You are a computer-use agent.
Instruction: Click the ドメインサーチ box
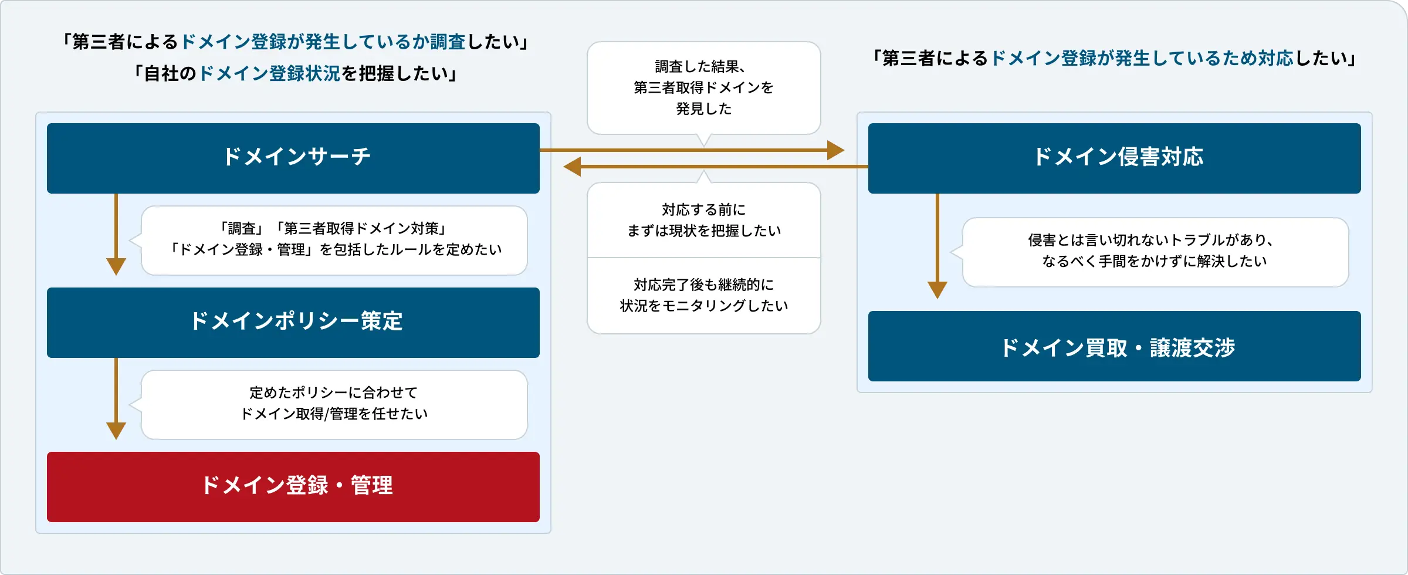pos(293,158)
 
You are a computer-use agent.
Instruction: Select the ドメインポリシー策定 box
pos(293,322)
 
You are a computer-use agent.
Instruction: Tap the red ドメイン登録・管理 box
pos(293,486)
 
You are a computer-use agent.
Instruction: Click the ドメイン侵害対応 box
pos(1114,158)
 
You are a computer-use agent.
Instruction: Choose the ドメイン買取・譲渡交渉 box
pos(1114,347)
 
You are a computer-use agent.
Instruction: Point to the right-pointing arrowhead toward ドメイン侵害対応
pos(835,150)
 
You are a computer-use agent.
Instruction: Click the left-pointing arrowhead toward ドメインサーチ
pos(572,167)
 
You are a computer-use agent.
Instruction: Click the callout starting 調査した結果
pos(703,87)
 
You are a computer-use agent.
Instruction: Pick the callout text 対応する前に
pos(703,209)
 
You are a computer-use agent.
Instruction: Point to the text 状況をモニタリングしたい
pos(703,306)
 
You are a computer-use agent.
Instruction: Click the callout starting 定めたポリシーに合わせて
pos(334,404)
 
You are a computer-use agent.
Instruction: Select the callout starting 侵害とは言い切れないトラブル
pos(1155,252)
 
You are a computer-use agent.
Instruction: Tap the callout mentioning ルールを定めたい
pos(334,240)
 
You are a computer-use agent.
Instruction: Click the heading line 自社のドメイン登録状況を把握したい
pos(296,73)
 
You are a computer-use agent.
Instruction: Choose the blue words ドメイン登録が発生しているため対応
pos(1142,58)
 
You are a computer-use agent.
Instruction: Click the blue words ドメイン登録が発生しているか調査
pos(323,42)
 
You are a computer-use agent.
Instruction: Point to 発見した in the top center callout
pos(703,109)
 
